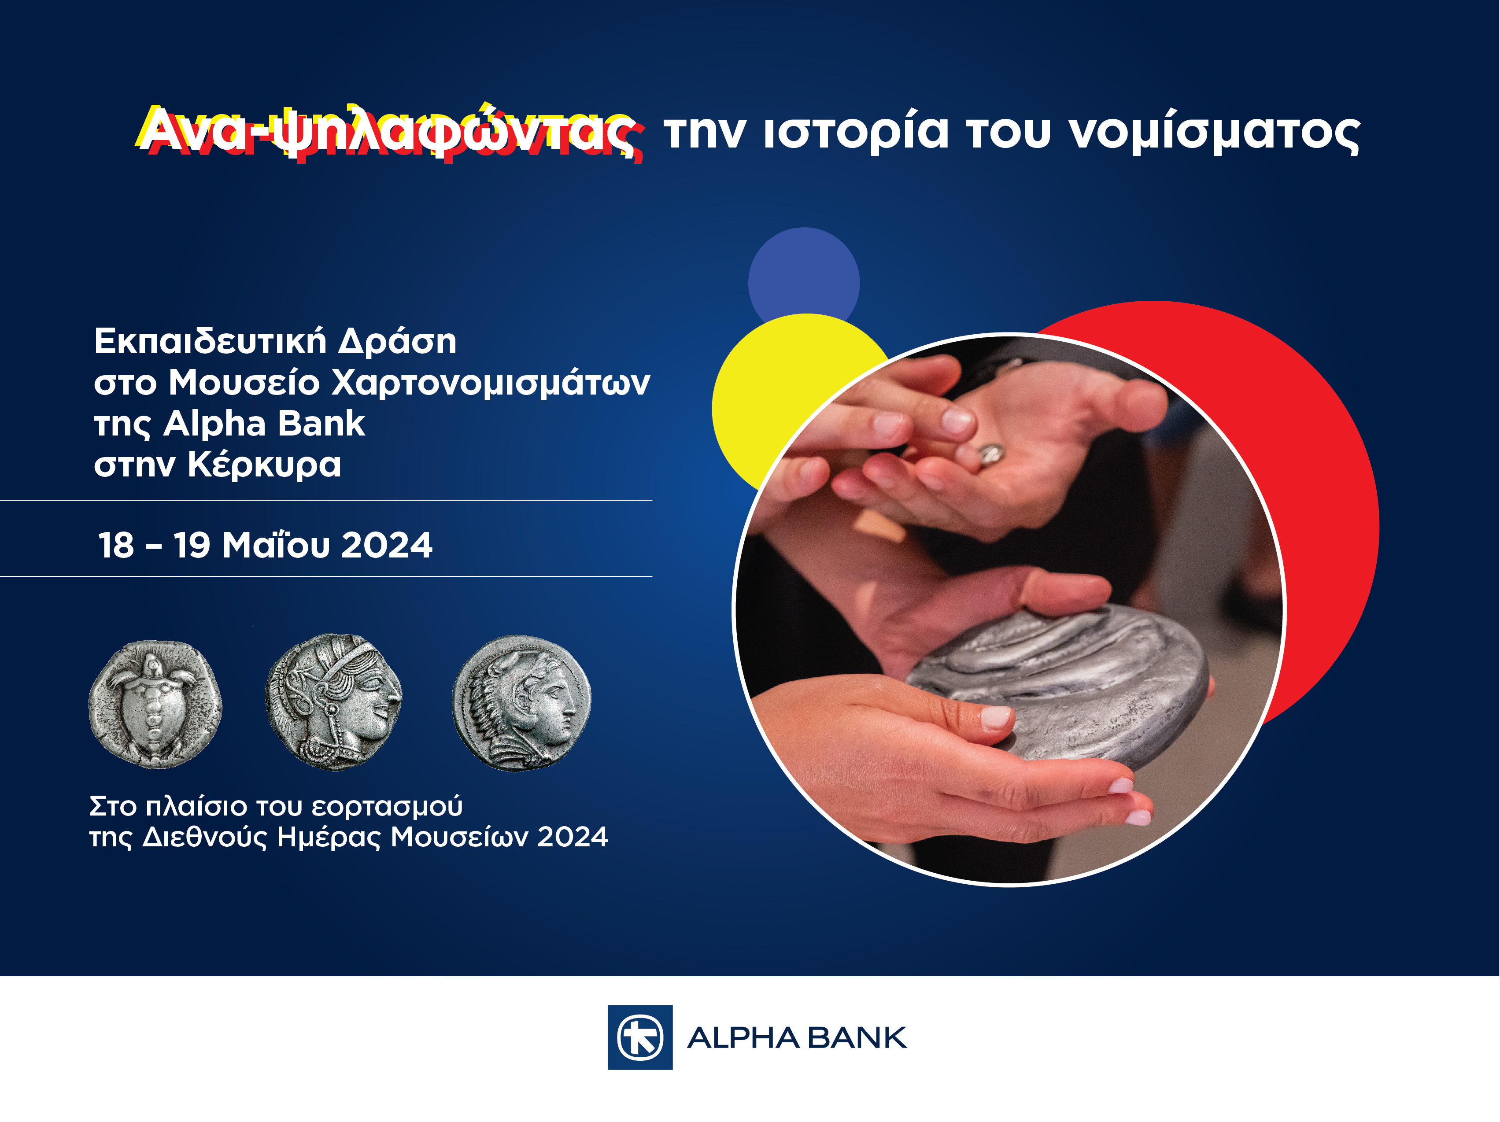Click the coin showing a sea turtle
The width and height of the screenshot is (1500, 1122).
(x=155, y=704)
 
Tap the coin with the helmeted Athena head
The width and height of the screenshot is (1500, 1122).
(x=334, y=701)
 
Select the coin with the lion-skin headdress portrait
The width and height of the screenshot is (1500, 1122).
(x=521, y=703)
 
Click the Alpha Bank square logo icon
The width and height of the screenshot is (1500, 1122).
(x=640, y=1037)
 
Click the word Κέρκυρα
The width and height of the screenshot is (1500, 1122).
(x=265, y=466)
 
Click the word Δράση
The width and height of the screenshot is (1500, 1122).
(x=397, y=341)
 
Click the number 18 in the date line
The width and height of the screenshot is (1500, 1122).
(x=116, y=546)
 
